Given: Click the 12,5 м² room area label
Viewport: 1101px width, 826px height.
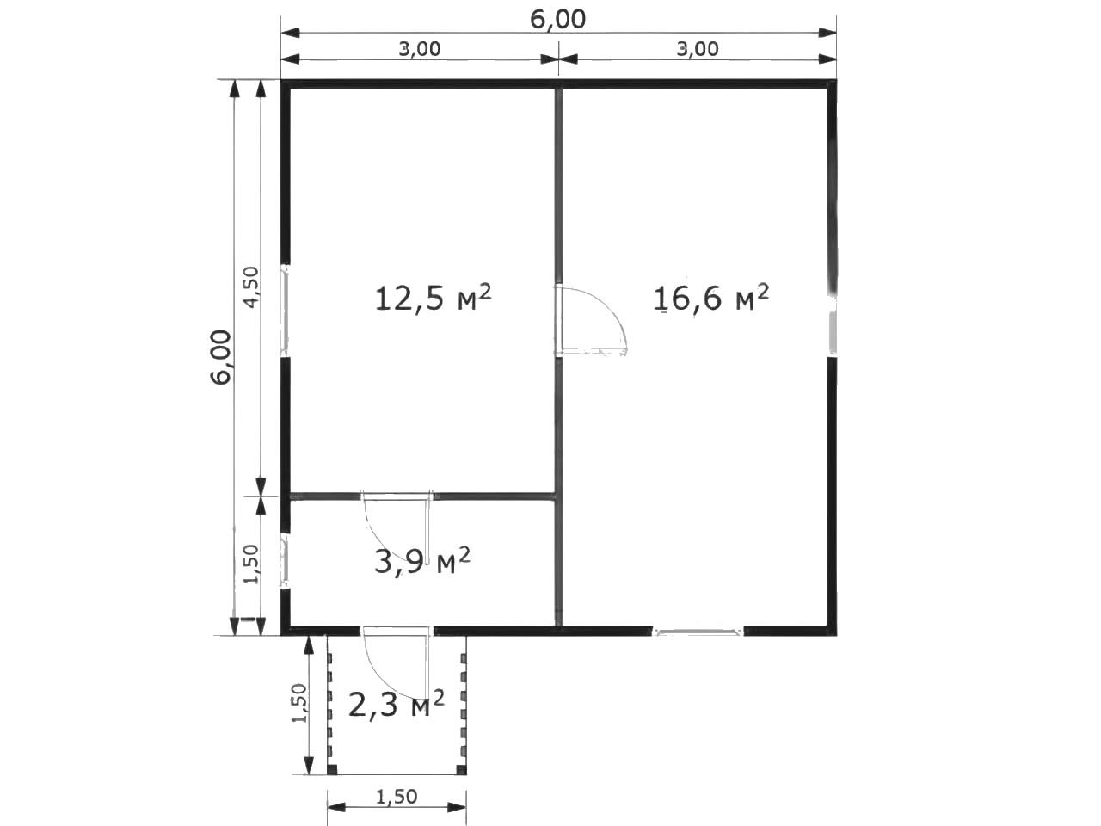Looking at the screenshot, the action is click(x=434, y=298).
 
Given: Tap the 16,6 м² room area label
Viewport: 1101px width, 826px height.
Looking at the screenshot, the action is click(x=711, y=298).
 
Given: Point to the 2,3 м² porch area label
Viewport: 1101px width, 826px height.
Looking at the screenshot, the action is click(x=397, y=705).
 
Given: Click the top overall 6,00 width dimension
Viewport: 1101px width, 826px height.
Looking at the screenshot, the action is click(x=557, y=20).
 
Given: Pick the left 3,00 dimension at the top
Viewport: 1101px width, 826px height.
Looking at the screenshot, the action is click(x=420, y=49).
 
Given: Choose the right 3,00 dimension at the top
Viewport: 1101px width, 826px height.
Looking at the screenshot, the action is click(x=698, y=49).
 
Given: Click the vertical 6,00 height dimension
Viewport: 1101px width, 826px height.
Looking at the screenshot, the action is click(x=221, y=357).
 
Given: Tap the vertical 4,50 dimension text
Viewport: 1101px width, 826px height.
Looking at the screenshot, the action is click(x=251, y=287).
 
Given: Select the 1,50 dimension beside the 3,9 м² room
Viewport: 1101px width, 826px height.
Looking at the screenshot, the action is click(x=251, y=564).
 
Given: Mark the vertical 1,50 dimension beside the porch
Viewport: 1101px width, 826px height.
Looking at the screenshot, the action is click(x=299, y=703).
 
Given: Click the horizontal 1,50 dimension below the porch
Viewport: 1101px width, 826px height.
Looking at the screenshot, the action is click(x=397, y=796).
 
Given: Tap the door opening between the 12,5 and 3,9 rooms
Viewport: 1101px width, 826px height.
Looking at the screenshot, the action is click(x=397, y=496).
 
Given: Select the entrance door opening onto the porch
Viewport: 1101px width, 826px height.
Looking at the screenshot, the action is click(x=397, y=631).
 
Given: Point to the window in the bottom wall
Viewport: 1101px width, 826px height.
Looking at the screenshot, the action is click(x=698, y=631).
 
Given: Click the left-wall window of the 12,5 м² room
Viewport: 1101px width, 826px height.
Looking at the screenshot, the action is click(x=285, y=310).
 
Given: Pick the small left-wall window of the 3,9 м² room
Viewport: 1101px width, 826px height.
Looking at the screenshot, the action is click(x=285, y=561).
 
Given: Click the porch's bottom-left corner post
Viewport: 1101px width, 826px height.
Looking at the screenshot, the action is click(x=332, y=770).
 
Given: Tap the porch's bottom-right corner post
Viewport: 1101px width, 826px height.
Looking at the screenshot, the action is click(x=461, y=770).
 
